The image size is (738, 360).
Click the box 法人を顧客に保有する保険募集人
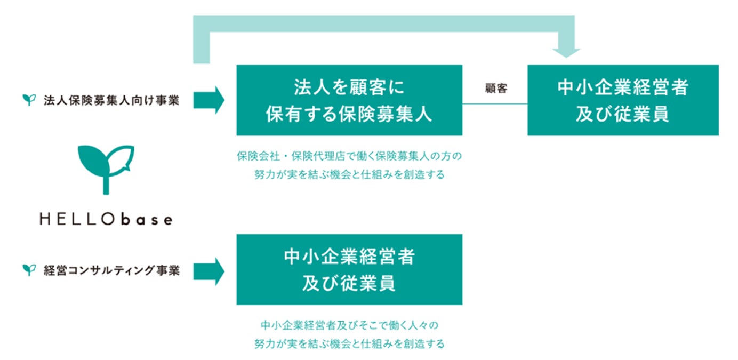point(349,100)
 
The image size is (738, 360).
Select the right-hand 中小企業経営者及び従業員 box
point(623,100)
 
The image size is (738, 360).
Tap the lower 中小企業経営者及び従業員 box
point(349,269)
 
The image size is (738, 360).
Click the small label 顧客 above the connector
point(496,89)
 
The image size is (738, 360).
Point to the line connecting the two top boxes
point(495,103)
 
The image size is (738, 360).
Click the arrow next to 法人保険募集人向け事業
point(208,100)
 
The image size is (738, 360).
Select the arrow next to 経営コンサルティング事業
point(208,271)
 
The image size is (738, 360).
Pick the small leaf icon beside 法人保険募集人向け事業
point(28,100)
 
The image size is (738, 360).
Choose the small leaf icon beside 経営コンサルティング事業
point(28,270)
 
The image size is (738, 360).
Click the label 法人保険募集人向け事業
point(111,100)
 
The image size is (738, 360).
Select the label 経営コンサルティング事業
point(111,271)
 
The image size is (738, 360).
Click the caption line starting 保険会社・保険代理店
point(349,157)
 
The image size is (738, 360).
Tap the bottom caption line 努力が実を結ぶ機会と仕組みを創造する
point(349,343)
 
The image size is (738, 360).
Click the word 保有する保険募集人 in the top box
point(349,115)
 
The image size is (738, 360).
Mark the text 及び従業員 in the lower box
point(349,283)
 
